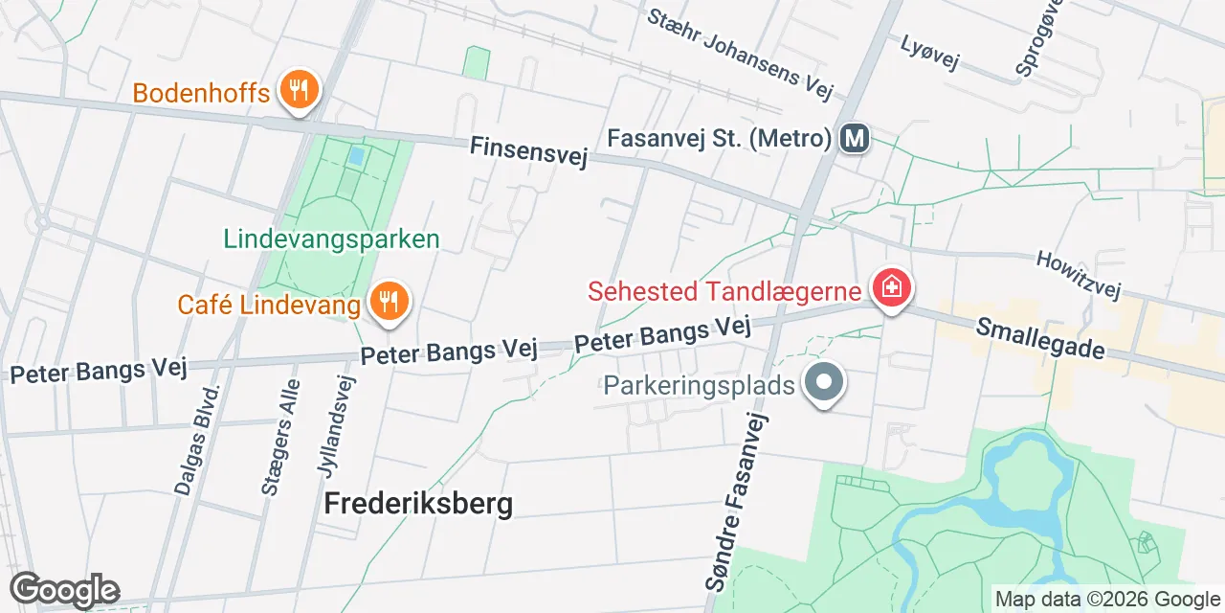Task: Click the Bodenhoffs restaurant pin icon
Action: tap(300, 92)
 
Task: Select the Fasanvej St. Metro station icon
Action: tap(854, 139)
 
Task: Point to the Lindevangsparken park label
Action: tap(331, 238)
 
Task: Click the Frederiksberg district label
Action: tap(418, 503)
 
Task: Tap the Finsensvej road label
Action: tap(528, 151)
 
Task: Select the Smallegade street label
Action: tap(1040, 339)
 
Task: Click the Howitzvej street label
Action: tap(1077, 274)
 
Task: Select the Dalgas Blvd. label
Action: tap(197, 440)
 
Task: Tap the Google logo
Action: tap(65, 590)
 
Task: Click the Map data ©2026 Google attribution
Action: tap(1106, 600)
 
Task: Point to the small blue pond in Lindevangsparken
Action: tap(356, 155)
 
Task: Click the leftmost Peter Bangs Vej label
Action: tap(98, 369)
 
